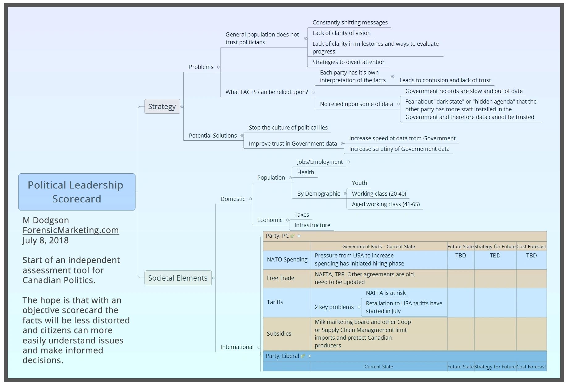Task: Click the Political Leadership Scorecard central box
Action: click(x=77, y=192)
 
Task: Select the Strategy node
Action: click(x=162, y=106)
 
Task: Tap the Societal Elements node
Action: click(x=178, y=278)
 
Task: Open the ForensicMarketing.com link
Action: click(x=71, y=230)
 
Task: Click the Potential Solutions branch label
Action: click(x=212, y=135)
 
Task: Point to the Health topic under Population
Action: click(x=305, y=172)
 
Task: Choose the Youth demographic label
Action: click(x=359, y=183)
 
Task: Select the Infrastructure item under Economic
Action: click(x=312, y=225)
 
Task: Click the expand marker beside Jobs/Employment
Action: click(x=348, y=162)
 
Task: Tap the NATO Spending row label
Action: click(x=287, y=260)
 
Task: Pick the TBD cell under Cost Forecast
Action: click(x=531, y=256)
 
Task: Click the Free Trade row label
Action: click(x=280, y=278)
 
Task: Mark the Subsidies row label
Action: click(x=279, y=334)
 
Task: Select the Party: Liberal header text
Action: click(x=282, y=356)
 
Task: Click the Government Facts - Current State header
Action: click(x=379, y=247)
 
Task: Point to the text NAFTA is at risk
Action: click(x=386, y=293)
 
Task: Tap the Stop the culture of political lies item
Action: click(x=288, y=128)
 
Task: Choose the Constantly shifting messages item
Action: click(x=350, y=23)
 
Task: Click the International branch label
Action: click(x=237, y=347)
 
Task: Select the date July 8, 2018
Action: click(x=45, y=240)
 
